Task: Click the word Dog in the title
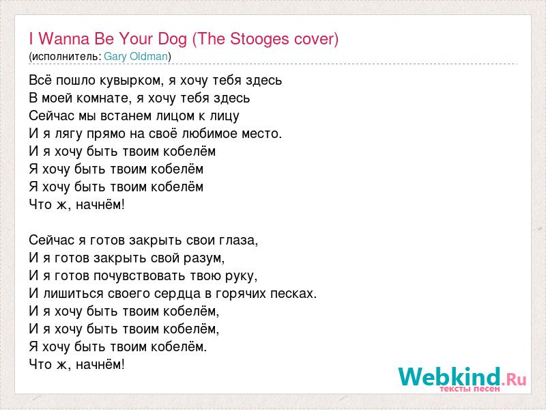[x=173, y=39]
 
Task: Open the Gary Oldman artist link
[x=136, y=56]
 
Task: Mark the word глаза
[x=238, y=241]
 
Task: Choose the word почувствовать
[x=140, y=276]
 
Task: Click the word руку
[x=240, y=277]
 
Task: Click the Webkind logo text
[x=450, y=377]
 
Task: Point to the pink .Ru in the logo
[x=514, y=379]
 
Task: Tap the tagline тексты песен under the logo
[x=470, y=388]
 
